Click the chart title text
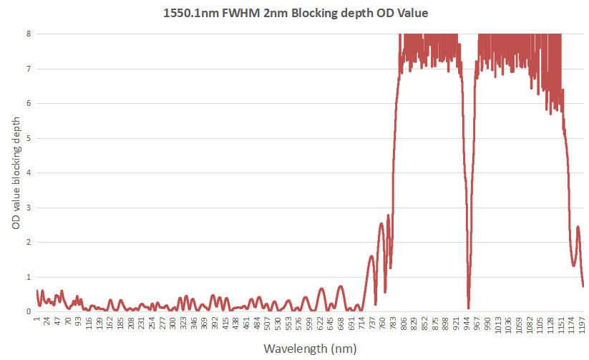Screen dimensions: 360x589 click(294, 13)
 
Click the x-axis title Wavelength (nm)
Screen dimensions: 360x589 click(309, 349)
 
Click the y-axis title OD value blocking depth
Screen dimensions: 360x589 click(15, 172)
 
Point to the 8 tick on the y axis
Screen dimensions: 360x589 click(28, 34)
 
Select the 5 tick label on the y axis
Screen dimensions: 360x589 click(28, 138)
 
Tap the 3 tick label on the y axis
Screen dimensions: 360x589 click(28, 208)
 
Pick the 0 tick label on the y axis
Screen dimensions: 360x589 click(28, 311)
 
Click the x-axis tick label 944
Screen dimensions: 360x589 click(467, 326)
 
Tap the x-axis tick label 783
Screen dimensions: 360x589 click(394, 326)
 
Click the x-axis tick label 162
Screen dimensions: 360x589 click(110, 326)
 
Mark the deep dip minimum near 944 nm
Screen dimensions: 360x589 click(468, 308)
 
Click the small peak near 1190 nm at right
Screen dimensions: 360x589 click(578, 227)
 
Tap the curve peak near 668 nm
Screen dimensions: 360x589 click(341, 286)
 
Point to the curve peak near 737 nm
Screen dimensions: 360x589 click(371, 256)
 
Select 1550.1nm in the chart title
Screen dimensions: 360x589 click(195, 13)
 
